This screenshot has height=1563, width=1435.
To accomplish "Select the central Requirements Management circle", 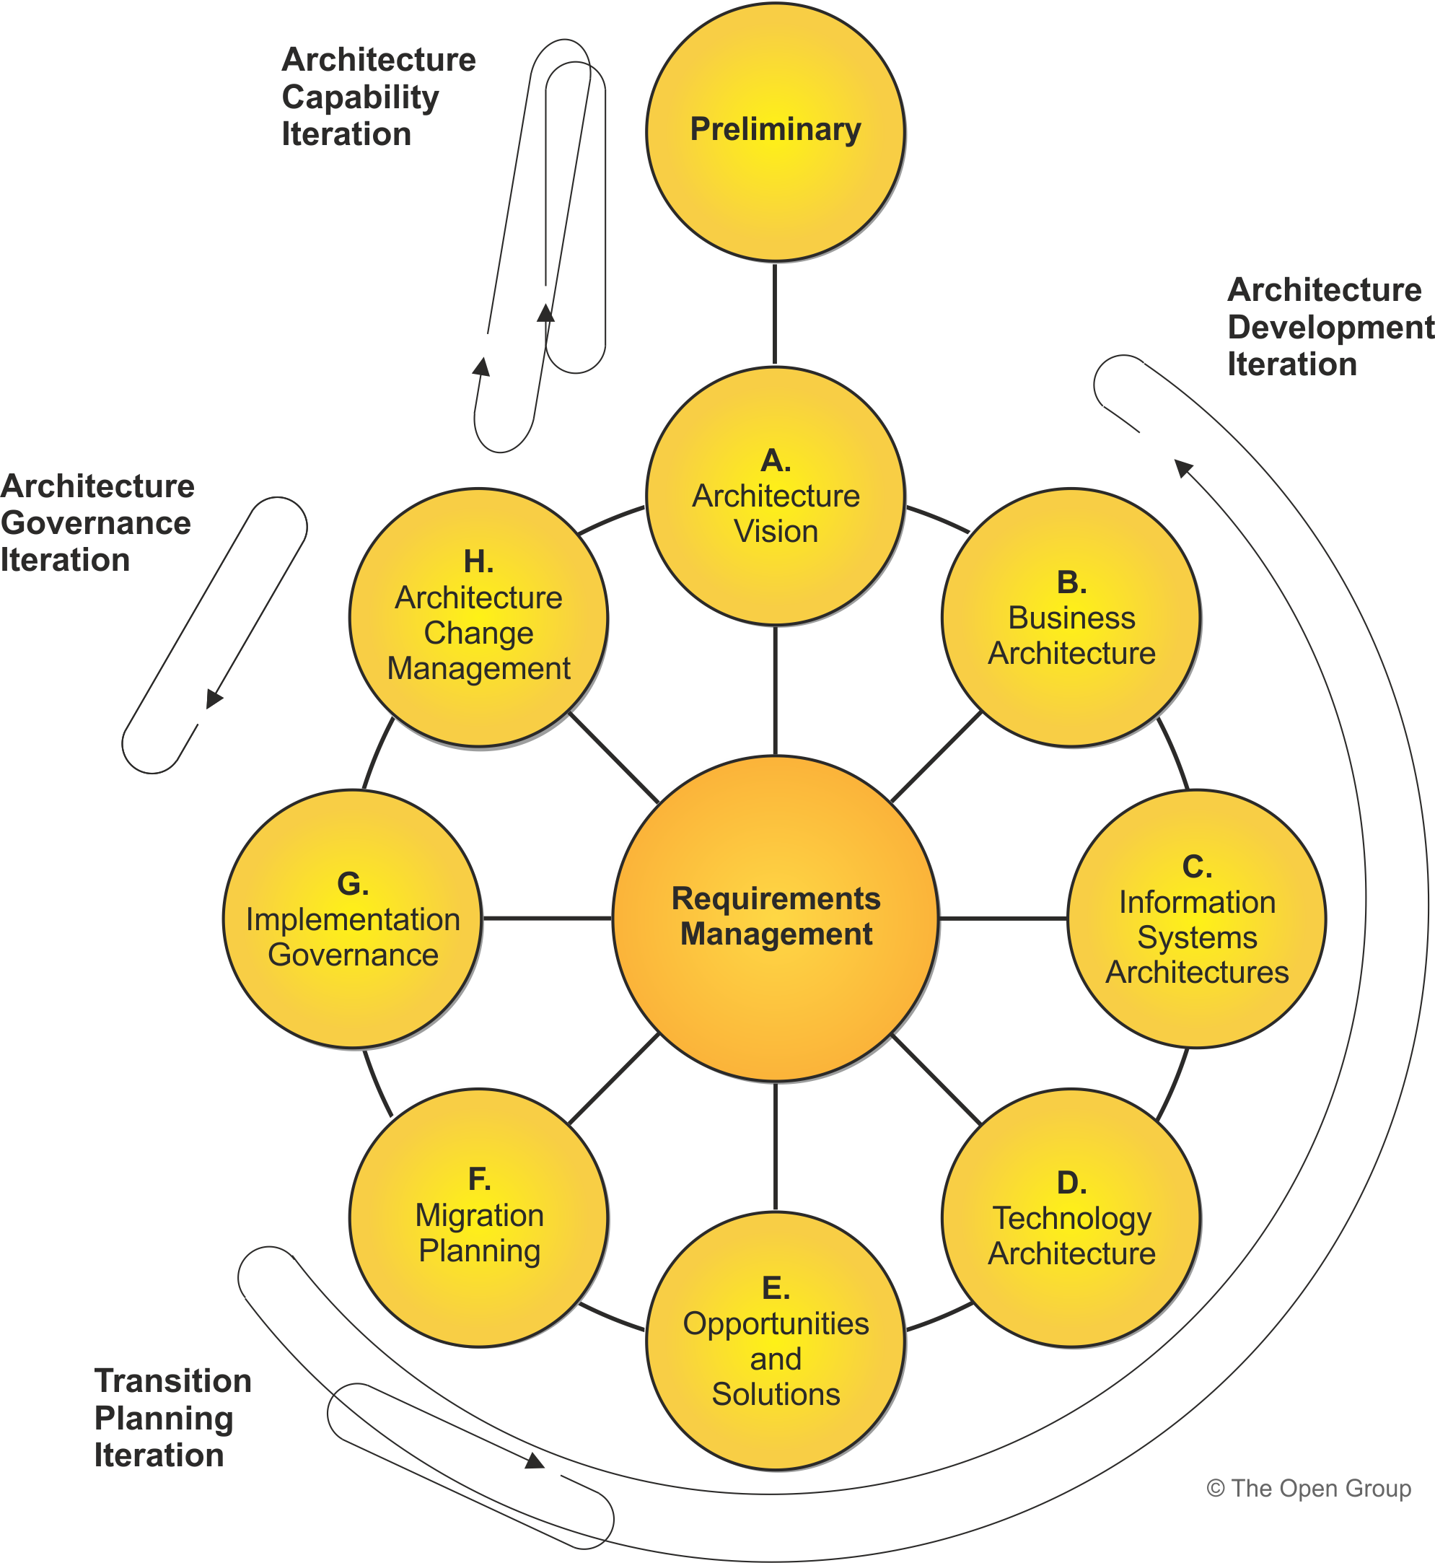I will pyautogui.click(x=775, y=917).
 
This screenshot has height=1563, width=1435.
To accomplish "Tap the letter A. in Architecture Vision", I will pyautogui.click(x=776, y=460).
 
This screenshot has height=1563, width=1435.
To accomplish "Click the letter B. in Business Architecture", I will pyautogui.click(x=1071, y=582).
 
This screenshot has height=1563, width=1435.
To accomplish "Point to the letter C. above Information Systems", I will pyautogui.click(x=1197, y=867).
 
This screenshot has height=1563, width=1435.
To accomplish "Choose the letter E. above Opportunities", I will pyautogui.click(x=776, y=1288).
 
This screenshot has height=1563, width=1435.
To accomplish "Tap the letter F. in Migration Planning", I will pyautogui.click(x=479, y=1180).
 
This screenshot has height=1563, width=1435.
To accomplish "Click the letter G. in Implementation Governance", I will pyautogui.click(x=353, y=884).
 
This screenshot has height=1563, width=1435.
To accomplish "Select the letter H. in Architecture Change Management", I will pyautogui.click(x=478, y=561).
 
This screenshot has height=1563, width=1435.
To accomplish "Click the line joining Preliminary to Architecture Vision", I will pyautogui.click(x=775, y=314).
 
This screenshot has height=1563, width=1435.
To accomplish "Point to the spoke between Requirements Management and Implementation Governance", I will pyautogui.click(x=547, y=917).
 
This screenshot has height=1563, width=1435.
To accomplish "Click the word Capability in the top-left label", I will pyautogui.click(x=360, y=98).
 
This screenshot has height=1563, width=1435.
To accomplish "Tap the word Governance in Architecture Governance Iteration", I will pyautogui.click(x=95, y=524).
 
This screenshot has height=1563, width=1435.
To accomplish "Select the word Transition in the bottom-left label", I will pyautogui.click(x=173, y=1381).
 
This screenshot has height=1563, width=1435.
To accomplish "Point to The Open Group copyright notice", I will pyautogui.click(x=1309, y=1489).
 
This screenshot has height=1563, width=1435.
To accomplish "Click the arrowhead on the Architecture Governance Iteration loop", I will pyautogui.click(x=214, y=698).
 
